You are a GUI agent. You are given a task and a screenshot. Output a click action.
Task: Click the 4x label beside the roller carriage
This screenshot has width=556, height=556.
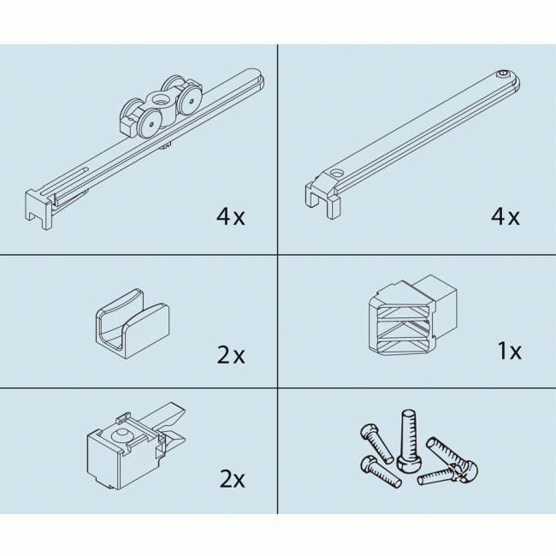pos(230,216)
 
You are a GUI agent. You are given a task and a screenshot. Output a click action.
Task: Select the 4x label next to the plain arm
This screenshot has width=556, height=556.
pos(505,216)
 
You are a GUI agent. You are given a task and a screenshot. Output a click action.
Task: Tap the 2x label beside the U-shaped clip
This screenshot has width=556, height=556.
pos(231,355)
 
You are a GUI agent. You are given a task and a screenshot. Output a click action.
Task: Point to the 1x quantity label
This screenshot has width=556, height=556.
pos(510,351)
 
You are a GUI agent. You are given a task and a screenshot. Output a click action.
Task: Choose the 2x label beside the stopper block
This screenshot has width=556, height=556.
pos(233,479)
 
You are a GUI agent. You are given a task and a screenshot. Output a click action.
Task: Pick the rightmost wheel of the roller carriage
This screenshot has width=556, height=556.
pos(192,101)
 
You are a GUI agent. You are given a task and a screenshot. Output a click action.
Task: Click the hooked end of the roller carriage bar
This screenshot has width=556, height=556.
pos(38,209)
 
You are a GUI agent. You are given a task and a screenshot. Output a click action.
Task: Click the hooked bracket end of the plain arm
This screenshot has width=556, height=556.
pos(322,197)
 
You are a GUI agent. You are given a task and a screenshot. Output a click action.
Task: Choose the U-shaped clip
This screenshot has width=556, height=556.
pos(132,323)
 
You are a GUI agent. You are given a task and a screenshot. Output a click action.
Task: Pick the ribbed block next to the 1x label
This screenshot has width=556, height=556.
pos(412,316)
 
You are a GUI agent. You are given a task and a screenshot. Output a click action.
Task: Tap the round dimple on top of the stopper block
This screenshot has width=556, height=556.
pos(122,434)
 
